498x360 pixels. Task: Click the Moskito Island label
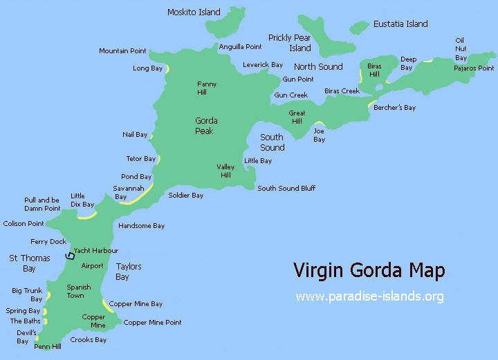[x=194, y=12]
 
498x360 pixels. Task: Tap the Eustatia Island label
[x=400, y=23]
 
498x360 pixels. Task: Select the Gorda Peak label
[x=205, y=126]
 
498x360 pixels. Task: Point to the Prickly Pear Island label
[x=290, y=43]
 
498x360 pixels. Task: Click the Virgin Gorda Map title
[x=369, y=269]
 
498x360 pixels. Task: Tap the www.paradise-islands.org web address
[x=369, y=296]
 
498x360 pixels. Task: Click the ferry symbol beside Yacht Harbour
[x=69, y=256]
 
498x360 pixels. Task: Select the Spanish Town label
[x=79, y=291]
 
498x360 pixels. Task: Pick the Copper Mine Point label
[x=152, y=323]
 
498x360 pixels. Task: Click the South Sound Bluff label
[x=286, y=188]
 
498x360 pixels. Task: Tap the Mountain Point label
[x=122, y=51]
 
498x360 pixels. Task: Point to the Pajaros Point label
[x=474, y=68]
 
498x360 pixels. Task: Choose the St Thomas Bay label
[x=29, y=263]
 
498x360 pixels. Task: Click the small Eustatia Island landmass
[x=359, y=27]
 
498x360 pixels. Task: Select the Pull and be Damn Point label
[x=43, y=204]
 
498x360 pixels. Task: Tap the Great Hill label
[x=297, y=117]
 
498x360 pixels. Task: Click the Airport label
[x=92, y=266]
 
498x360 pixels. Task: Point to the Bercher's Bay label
[x=394, y=108]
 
